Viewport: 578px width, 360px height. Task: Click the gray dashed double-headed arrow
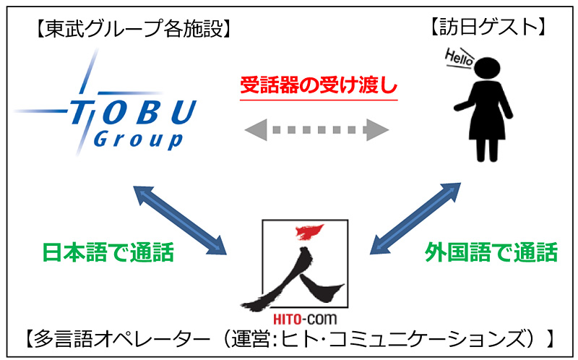pos(317,131)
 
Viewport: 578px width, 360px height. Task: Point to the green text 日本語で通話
pos(108,253)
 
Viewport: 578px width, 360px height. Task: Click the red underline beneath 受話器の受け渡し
pos(319,99)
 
